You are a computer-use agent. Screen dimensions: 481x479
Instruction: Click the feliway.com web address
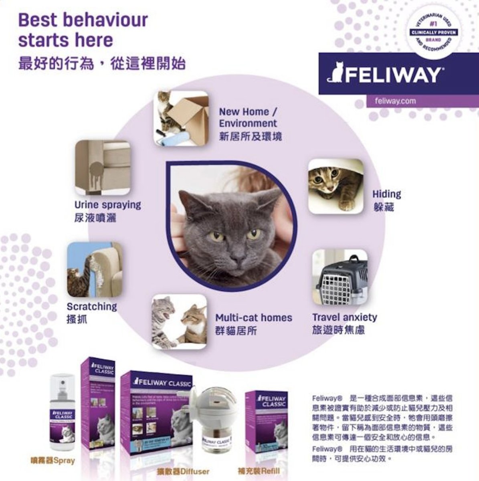(x=395, y=101)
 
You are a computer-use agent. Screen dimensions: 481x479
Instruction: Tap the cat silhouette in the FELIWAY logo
(x=335, y=73)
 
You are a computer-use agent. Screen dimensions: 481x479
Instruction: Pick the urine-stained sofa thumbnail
(x=103, y=167)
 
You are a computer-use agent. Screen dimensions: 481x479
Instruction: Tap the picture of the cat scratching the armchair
(x=95, y=269)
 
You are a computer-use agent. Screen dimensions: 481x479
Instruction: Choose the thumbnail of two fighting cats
(x=179, y=321)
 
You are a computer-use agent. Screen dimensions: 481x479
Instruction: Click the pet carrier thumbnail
(x=340, y=277)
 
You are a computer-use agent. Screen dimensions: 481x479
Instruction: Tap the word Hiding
(x=386, y=194)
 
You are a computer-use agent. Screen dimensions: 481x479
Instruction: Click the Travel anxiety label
(x=345, y=317)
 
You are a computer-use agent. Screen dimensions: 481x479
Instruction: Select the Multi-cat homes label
(x=254, y=318)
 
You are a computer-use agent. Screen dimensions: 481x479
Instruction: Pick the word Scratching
(x=92, y=307)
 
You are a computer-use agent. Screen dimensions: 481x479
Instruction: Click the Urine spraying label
(x=108, y=205)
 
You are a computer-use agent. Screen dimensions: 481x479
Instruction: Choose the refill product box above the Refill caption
(x=266, y=419)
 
